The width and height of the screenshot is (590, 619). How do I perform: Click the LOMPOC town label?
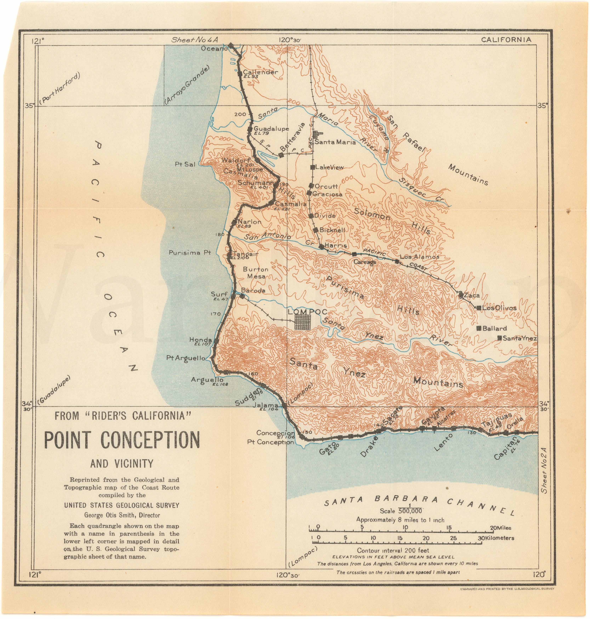coord(307,312)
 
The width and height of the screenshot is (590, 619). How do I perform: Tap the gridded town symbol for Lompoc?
coord(303,322)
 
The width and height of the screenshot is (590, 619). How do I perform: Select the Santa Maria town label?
coord(335,142)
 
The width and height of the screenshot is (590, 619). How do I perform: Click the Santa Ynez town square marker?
coord(499,338)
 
